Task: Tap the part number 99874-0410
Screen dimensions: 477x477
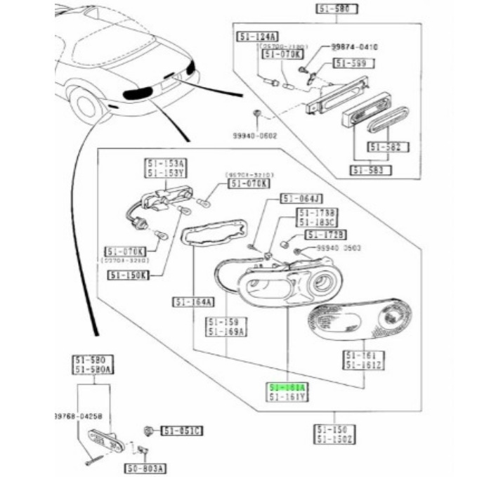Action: (355, 46)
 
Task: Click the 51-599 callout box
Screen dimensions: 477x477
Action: (354, 63)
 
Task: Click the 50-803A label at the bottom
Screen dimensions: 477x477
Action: (146, 467)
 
